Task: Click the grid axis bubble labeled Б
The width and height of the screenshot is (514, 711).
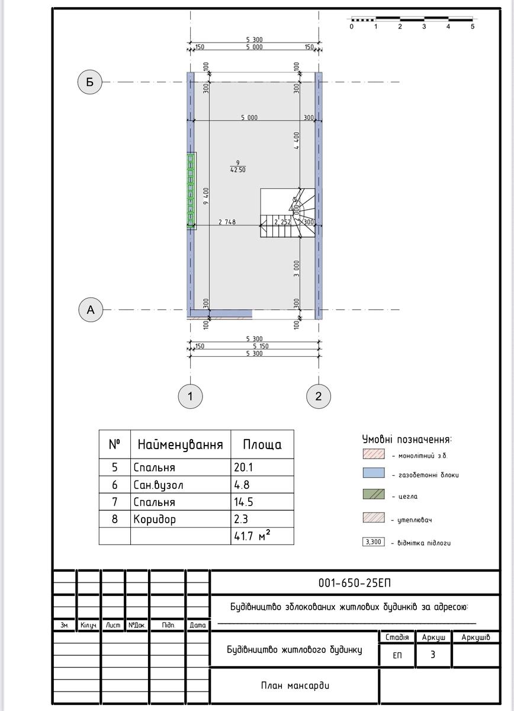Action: pyautogui.click(x=90, y=82)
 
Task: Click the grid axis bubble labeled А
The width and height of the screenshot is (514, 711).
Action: pyautogui.click(x=91, y=309)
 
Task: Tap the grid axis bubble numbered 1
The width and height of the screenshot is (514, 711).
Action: pyautogui.click(x=190, y=396)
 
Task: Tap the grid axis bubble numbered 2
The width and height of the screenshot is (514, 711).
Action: pyautogui.click(x=319, y=396)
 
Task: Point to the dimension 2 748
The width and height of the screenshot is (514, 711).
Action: pyautogui.click(x=227, y=222)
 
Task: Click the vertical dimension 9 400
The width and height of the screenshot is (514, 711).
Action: pyautogui.click(x=206, y=196)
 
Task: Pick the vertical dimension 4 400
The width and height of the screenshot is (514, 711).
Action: pyautogui.click(x=297, y=140)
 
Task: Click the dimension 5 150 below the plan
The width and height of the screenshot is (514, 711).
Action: pyautogui.click(x=261, y=346)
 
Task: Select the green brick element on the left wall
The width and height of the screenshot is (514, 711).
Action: pyautogui.click(x=191, y=191)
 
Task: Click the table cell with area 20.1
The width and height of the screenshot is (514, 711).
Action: pyautogui.click(x=262, y=467)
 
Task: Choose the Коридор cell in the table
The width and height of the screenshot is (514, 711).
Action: pyautogui.click(x=181, y=519)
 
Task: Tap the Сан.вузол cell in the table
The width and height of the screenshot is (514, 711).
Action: pyautogui.click(x=181, y=485)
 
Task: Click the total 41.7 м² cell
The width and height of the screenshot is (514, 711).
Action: pyautogui.click(x=262, y=536)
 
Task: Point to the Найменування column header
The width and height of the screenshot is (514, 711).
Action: pyautogui.click(x=181, y=444)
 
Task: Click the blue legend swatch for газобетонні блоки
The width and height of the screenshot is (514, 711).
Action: pyautogui.click(x=374, y=473)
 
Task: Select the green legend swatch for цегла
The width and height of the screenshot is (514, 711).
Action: pyautogui.click(x=374, y=494)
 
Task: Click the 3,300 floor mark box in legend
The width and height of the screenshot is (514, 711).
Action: pyautogui.click(x=374, y=542)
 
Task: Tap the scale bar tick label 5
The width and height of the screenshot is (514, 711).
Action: pyautogui.click(x=473, y=27)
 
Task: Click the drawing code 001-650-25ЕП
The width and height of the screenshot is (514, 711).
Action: pyautogui.click(x=355, y=583)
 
